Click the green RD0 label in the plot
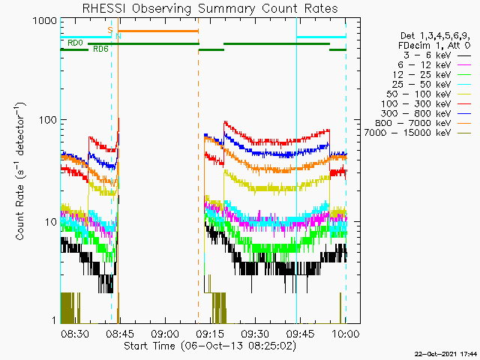75,43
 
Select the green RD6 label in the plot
100,49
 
